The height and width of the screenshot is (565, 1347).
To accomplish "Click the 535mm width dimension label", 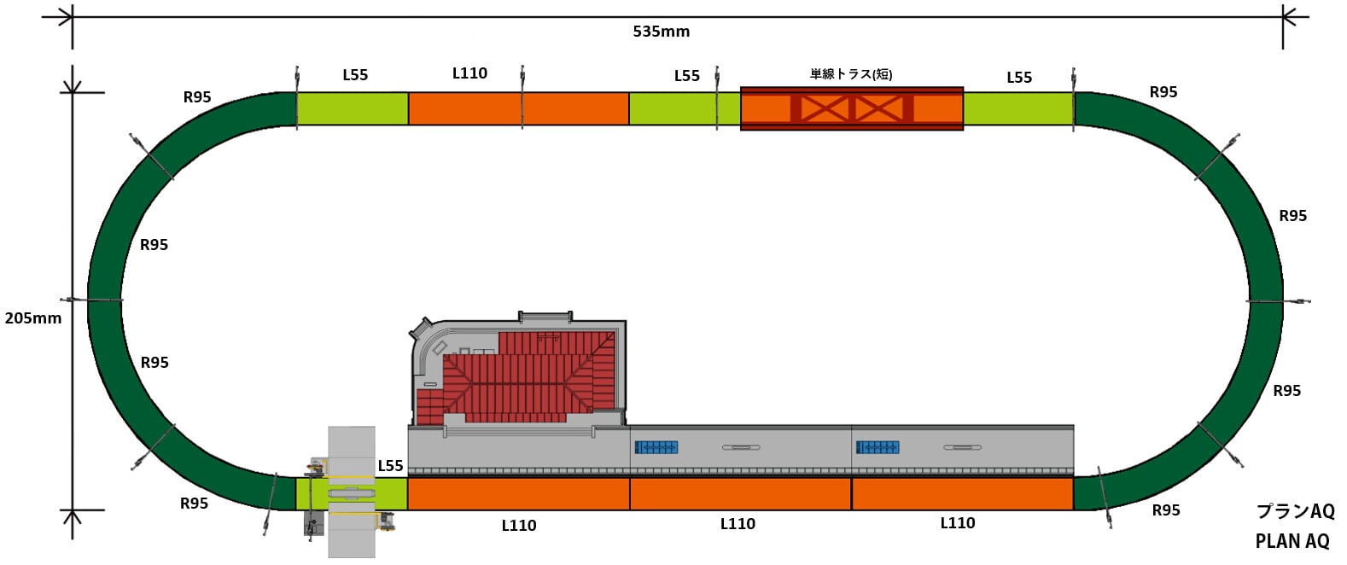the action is pyautogui.click(x=661, y=32).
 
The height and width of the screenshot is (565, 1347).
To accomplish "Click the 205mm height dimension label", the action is pyautogui.click(x=33, y=318).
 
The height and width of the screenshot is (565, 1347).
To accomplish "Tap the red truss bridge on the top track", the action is pyautogui.click(x=851, y=108).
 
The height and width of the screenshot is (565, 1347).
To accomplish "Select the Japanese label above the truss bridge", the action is pyautogui.click(x=850, y=74).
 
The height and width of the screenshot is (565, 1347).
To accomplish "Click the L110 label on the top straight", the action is pyautogui.click(x=469, y=73).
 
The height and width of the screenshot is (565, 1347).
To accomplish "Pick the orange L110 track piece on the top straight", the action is pyautogui.click(x=518, y=109).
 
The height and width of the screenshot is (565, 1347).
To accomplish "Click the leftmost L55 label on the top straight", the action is pyautogui.click(x=355, y=75).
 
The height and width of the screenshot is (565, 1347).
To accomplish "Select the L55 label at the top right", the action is pyautogui.click(x=1018, y=78).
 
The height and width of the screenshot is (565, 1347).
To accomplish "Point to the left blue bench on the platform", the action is pyautogui.click(x=656, y=447).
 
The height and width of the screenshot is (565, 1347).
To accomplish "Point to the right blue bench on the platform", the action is pyautogui.click(x=877, y=447).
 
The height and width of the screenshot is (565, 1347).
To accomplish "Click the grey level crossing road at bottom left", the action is pyautogui.click(x=352, y=492).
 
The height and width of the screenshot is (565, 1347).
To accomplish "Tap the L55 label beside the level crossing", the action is pyautogui.click(x=390, y=466).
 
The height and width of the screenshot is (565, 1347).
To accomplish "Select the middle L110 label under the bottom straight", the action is pyautogui.click(x=738, y=524).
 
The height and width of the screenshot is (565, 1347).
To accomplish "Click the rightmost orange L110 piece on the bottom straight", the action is pyautogui.click(x=962, y=494).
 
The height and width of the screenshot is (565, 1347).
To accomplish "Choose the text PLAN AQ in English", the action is pyautogui.click(x=1292, y=541).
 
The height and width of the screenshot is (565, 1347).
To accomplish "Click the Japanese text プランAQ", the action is pyautogui.click(x=1294, y=511).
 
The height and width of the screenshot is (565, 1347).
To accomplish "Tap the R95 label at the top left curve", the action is pyautogui.click(x=197, y=97).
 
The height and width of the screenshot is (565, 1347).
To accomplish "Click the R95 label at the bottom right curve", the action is pyautogui.click(x=1165, y=510).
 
